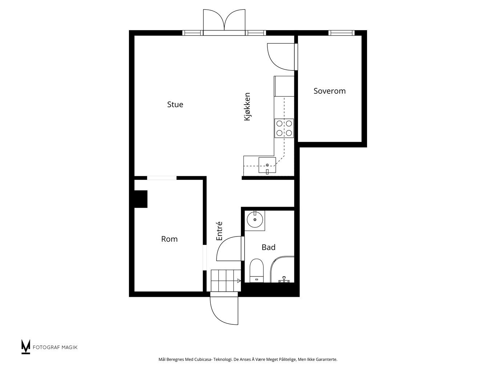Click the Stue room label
[x=175, y=104]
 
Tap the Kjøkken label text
[x=247, y=106]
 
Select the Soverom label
[x=330, y=91]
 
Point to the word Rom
[x=169, y=239]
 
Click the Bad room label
[x=269, y=247]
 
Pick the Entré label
[x=219, y=231]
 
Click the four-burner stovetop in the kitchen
[x=284, y=128]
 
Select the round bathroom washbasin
[x=255, y=219]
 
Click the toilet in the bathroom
[x=257, y=271]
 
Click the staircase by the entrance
[x=226, y=280]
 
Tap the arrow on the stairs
[x=239, y=281]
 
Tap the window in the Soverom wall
[x=341, y=33]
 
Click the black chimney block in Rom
[x=141, y=199]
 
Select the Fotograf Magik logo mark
[x=25, y=347]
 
